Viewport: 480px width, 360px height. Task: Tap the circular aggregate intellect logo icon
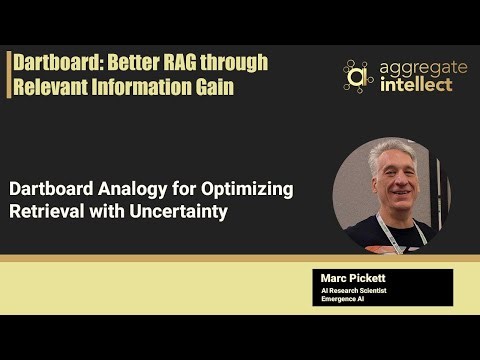pyautogui.click(x=357, y=75)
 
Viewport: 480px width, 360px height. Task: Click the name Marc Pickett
pyautogui.click(x=349, y=277)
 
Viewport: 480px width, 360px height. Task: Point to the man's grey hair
pyautogui.click(x=386, y=151)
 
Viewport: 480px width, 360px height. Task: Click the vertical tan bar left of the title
pyautogui.click(x=9, y=74)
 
